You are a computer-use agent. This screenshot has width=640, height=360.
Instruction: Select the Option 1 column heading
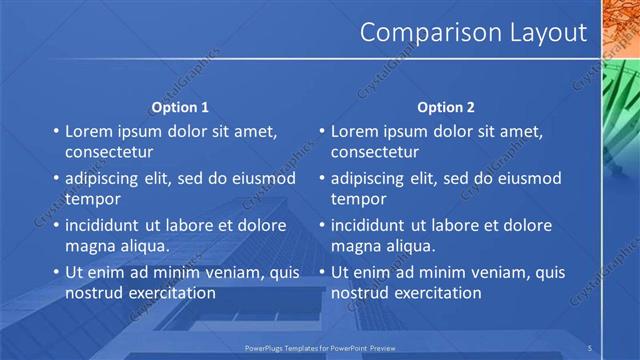[180, 107]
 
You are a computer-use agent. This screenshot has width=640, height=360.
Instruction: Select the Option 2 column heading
[446, 107]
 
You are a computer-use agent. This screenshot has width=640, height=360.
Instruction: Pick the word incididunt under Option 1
[108, 224]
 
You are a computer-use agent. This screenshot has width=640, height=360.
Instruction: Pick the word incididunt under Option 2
[374, 224]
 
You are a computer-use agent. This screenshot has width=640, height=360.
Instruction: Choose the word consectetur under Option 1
[109, 153]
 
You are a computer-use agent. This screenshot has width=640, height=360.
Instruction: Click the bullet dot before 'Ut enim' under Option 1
[55, 272]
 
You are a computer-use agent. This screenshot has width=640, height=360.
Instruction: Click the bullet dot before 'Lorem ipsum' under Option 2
[321, 132]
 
